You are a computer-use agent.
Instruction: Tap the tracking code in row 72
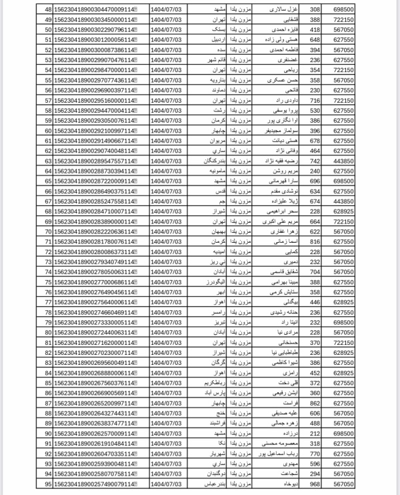(97, 252)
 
